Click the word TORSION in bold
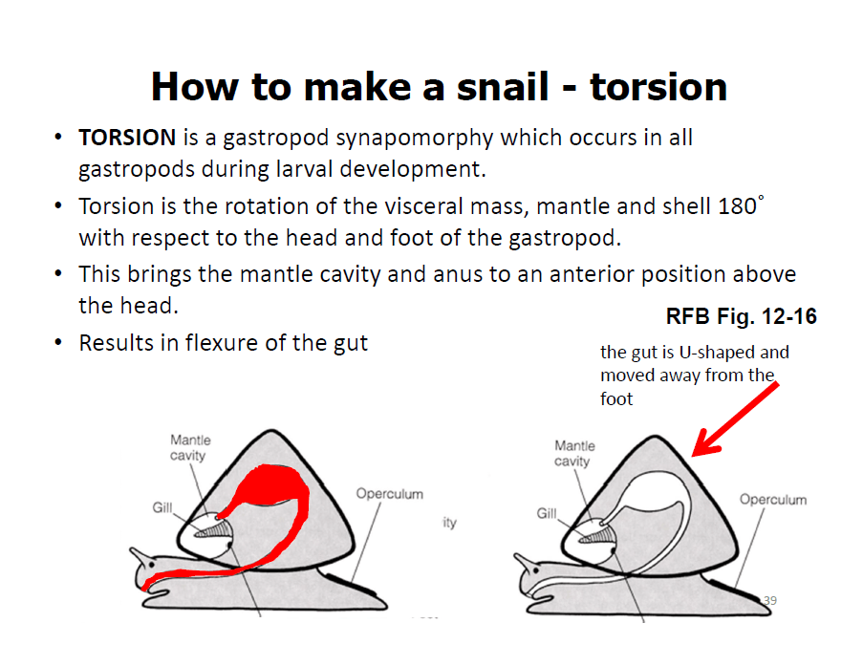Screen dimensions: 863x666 127,138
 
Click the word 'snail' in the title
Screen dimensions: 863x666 503,87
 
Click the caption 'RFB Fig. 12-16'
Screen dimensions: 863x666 742,316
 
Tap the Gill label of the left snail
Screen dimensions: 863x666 162,507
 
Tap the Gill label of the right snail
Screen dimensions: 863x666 547,513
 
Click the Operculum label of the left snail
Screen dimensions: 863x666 390,494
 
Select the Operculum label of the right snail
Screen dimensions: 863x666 773,499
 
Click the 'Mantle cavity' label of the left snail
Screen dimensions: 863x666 190,448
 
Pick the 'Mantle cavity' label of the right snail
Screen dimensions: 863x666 574,454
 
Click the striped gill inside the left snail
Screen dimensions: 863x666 213,530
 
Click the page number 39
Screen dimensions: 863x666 770,600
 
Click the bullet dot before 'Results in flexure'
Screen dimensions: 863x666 58,343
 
